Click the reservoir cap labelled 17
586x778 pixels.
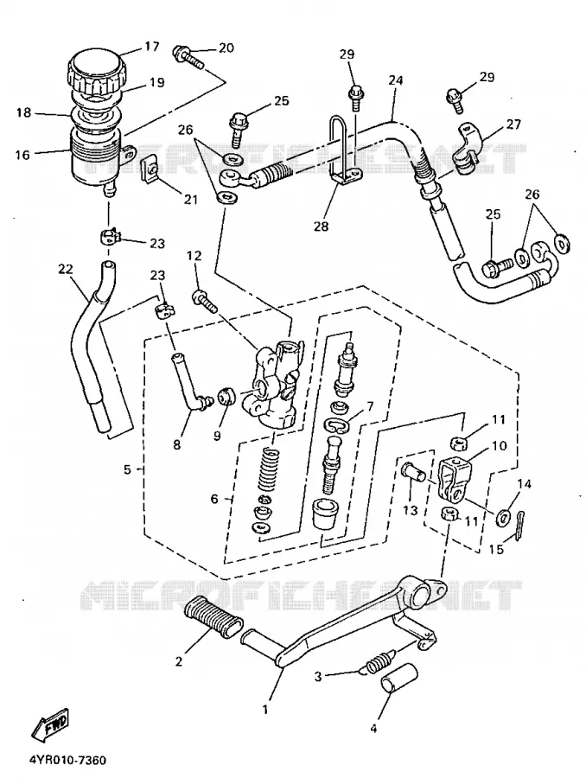[x=96, y=70]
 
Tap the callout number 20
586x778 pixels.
[x=226, y=48]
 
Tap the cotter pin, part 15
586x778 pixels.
[x=519, y=526]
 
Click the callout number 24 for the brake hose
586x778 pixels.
[x=397, y=80]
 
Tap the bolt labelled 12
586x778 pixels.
[x=204, y=302]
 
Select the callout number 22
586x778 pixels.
[x=65, y=269]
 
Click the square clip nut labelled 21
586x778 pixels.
[x=150, y=169]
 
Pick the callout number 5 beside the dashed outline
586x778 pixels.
[x=128, y=469]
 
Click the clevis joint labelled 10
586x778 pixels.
[x=453, y=479]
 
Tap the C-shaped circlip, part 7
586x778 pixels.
[x=336, y=424]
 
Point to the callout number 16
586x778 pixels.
[x=22, y=155]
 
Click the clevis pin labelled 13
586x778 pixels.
[x=411, y=472]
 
